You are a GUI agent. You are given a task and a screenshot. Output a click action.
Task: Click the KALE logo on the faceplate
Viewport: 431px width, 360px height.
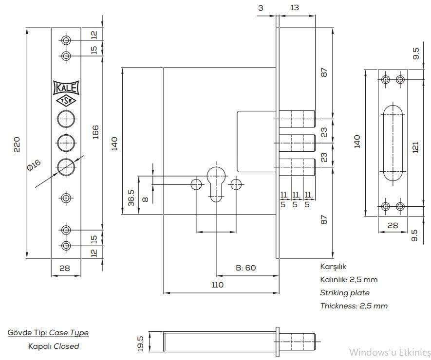(66, 88)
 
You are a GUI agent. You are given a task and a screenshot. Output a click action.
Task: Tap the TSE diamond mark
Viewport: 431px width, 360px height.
(66, 101)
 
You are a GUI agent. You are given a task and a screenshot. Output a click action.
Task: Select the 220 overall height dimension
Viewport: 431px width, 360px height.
(17, 144)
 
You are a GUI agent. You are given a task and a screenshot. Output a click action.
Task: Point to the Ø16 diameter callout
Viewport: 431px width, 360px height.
(34, 165)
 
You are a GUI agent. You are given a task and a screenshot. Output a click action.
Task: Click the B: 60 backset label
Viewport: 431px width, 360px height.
(245, 268)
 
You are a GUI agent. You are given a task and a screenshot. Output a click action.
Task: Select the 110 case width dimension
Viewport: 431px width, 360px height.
(218, 285)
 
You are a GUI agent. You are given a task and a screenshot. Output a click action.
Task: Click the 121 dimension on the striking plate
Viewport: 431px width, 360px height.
(415, 144)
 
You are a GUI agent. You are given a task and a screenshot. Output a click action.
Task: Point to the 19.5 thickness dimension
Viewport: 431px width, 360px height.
(140, 342)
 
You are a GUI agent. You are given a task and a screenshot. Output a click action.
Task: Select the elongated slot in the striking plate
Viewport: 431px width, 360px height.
(393, 144)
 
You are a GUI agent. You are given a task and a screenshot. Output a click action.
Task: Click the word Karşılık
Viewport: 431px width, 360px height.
(333, 267)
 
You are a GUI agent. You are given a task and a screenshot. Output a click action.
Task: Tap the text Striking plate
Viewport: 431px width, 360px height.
(344, 292)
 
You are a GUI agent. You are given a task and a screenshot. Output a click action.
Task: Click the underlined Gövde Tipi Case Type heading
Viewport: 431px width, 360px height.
(48, 333)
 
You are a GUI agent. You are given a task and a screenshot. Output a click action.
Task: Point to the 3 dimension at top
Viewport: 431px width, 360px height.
(261, 8)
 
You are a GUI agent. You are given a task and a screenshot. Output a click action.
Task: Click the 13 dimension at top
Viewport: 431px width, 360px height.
(294, 8)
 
